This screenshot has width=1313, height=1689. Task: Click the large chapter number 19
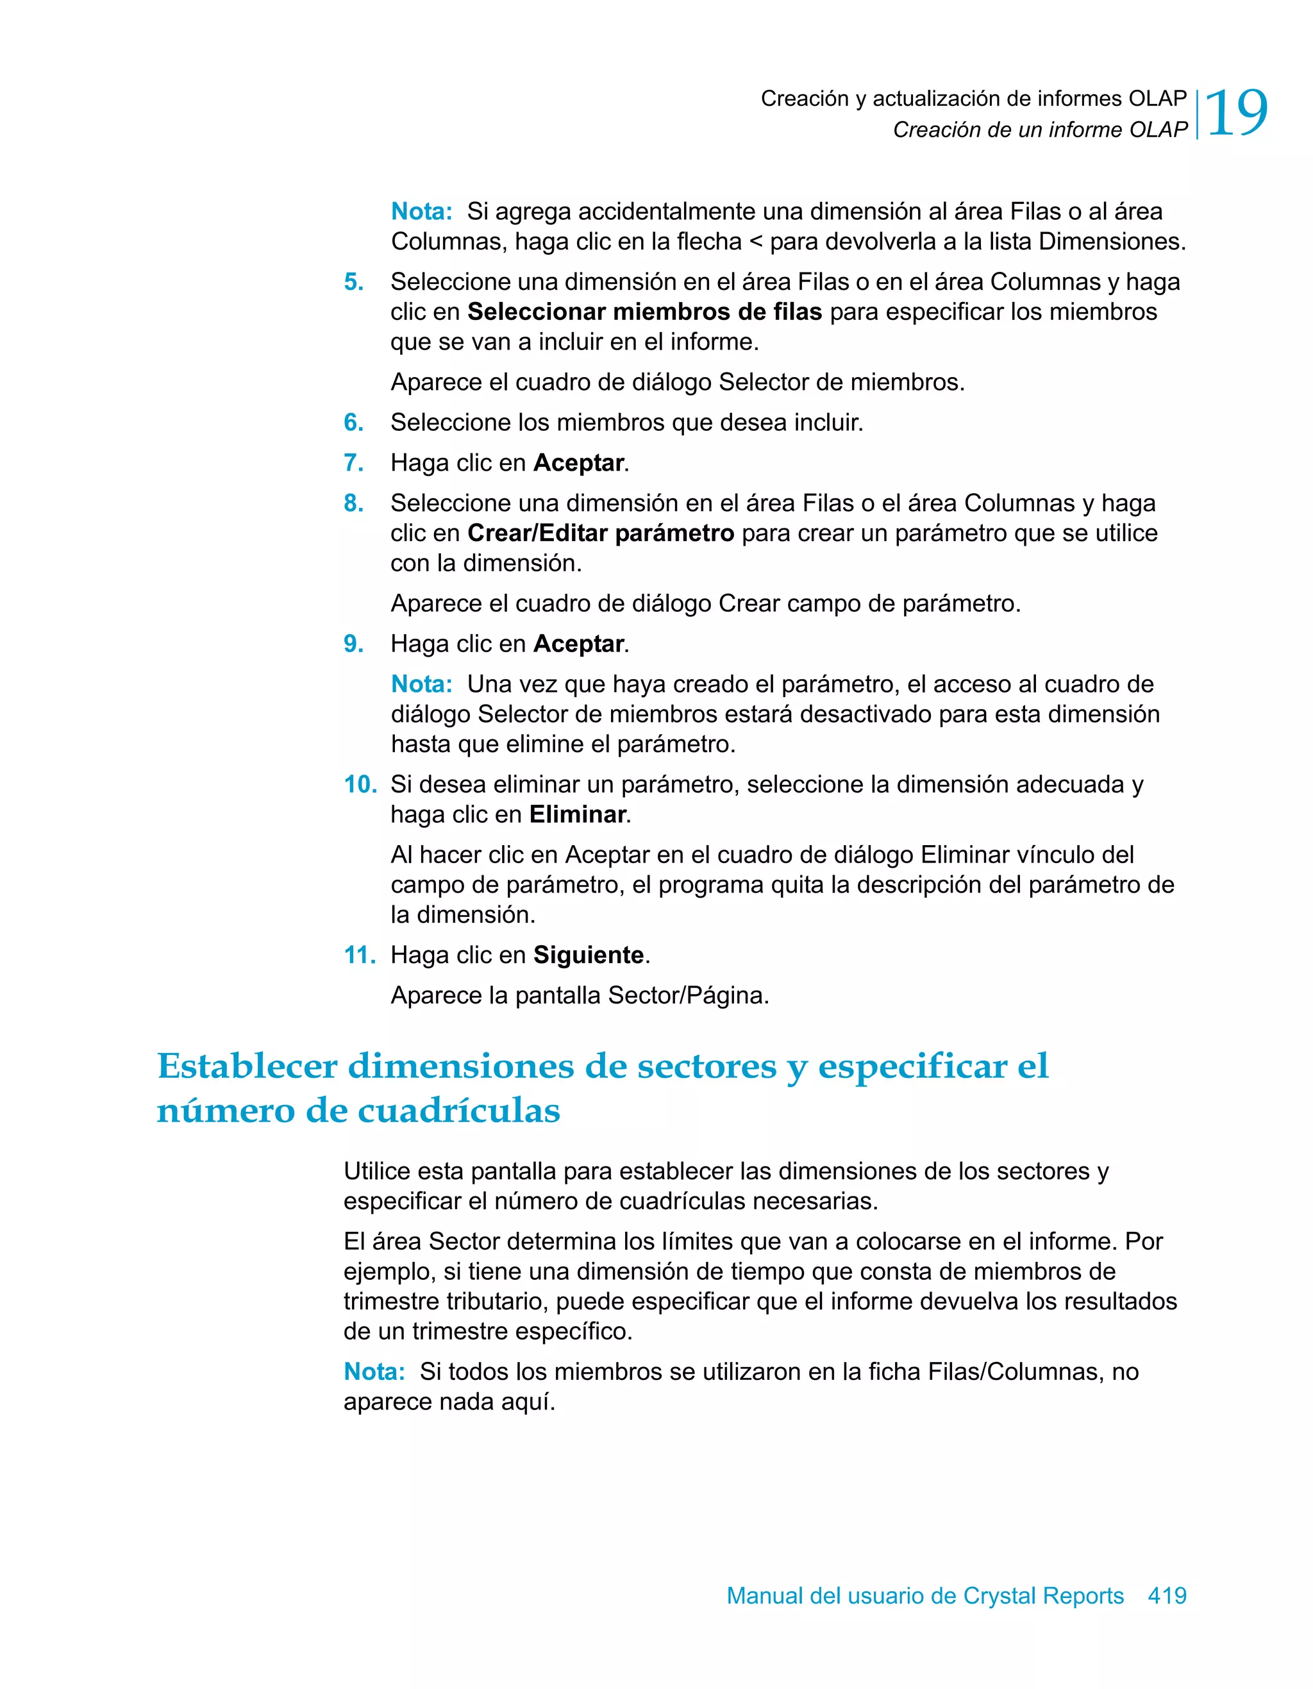pos(1235,113)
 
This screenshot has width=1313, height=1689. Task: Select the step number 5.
pos(353,282)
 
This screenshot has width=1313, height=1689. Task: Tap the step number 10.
pos(360,784)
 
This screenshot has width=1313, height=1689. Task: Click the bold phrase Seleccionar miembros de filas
pos(644,312)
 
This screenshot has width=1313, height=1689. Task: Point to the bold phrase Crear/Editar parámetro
pos(600,533)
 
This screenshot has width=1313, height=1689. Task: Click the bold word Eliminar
pos(577,814)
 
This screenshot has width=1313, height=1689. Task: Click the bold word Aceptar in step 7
pos(578,462)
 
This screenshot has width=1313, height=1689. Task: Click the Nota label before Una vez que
pos(421,684)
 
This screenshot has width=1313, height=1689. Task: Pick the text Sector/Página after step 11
pos(687,995)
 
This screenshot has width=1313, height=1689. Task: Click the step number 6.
pos(353,423)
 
